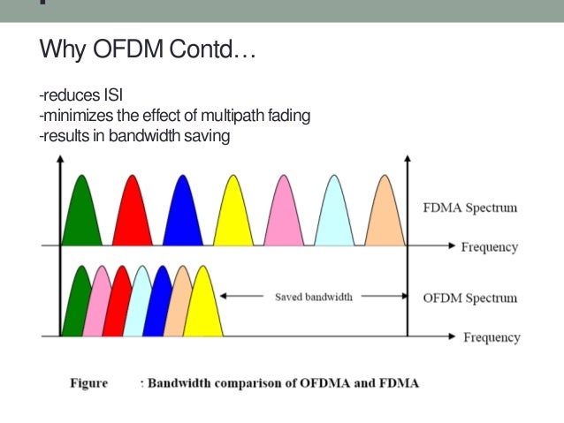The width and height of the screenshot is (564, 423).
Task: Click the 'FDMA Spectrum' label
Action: coord(469,208)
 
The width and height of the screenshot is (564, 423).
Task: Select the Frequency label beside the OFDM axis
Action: coord(492,337)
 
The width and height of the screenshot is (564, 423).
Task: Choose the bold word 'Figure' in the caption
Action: coord(89,383)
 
